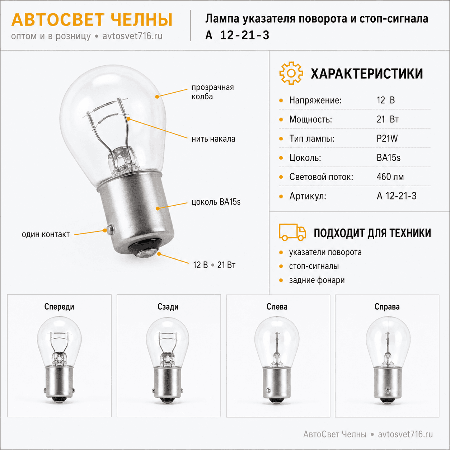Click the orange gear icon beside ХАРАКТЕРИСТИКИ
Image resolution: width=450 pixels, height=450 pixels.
(x=291, y=73)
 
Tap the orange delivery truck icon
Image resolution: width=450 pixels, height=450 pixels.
(x=292, y=232)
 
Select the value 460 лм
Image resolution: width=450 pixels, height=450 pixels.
(x=390, y=177)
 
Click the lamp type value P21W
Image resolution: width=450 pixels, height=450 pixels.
(x=387, y=139)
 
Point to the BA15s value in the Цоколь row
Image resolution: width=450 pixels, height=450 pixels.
(x=388, y=158)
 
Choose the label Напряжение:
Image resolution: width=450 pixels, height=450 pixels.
(x=315, y=100)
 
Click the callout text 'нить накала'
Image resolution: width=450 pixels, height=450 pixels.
(x=213, y=139)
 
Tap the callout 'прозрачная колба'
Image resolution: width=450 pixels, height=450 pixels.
(x=212, y=92)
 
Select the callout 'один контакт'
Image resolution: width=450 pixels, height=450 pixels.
(x=46, y=234)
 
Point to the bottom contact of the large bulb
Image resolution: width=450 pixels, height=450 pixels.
(x=146, y=253)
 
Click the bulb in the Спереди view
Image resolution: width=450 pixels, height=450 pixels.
(x=59, y=360)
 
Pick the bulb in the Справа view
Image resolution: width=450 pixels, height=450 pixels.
(x=388, y=360)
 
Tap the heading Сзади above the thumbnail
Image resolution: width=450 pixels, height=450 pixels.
(x=168, y=306)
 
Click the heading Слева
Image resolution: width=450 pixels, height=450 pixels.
(x=277, y=306)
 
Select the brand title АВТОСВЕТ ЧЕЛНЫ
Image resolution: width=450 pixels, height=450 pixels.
(x=92, y=20)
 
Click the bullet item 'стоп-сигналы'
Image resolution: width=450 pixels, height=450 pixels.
(x=314, y=266)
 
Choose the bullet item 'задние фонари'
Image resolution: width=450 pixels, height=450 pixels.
(x=317, y=280)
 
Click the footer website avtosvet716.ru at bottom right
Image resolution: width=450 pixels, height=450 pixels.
(x=406, y=434)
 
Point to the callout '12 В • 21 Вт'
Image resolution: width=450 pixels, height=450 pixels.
(x=214, y=265)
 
